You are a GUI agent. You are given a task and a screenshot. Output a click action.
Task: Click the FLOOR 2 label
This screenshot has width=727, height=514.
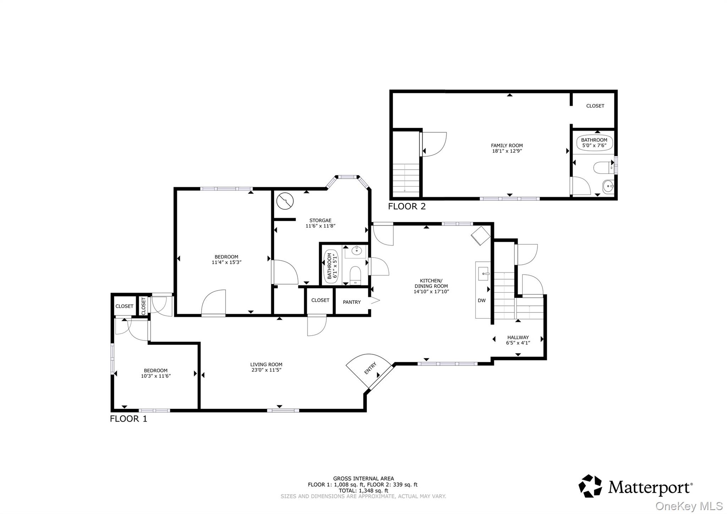[406, 206]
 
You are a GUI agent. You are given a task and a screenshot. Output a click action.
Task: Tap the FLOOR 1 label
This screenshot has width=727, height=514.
[128, 419]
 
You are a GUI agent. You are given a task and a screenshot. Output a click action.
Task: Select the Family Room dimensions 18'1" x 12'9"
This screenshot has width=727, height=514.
[507, 151]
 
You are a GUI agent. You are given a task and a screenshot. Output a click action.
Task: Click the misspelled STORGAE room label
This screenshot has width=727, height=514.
[320, 221]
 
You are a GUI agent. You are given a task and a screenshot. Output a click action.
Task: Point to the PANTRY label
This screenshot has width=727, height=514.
[351, 302]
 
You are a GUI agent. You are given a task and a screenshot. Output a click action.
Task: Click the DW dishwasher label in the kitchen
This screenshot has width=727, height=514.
[481, 301]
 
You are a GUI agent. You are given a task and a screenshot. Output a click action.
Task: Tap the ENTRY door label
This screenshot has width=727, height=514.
[370, 368]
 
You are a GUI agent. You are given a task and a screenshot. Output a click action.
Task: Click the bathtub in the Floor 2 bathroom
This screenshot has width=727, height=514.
[594, 143]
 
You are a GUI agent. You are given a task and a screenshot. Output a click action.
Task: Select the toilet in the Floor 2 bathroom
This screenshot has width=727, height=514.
[602, 168]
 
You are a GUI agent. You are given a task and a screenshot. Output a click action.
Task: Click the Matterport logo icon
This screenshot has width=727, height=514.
[590, 486]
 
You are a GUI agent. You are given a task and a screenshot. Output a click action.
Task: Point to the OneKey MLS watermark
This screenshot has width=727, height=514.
[689, 506]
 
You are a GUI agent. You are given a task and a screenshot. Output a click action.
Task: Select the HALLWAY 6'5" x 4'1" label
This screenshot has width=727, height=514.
[518, 340]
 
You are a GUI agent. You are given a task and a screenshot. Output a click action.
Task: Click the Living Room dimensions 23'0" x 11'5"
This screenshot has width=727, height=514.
[266, 370]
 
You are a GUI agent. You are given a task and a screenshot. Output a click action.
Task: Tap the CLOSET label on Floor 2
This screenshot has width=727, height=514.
[595, 106]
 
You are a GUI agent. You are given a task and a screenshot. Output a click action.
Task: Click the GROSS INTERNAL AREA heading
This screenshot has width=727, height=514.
[363, 478]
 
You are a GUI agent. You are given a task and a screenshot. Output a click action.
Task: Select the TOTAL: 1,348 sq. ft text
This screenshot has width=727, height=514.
[363, 491]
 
